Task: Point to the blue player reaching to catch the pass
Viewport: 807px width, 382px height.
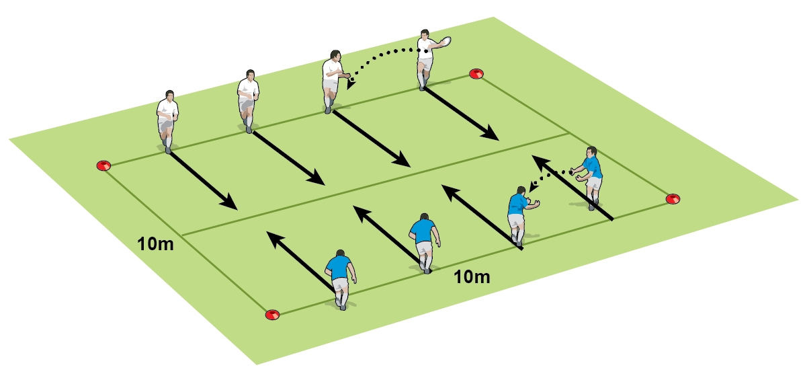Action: (517, 211)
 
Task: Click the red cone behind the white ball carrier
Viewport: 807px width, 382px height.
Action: (476, 73)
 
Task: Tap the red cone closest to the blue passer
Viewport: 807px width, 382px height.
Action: (673, 198)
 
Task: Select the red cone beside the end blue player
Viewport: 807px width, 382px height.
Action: (272, 315)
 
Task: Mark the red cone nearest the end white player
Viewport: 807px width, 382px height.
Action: (103, 165)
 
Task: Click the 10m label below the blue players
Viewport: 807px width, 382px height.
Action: (471, 276)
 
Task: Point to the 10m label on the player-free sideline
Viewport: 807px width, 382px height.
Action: (156, 243)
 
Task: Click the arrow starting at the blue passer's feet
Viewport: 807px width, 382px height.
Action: (571, 188)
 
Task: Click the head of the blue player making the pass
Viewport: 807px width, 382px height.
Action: (591, 152)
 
